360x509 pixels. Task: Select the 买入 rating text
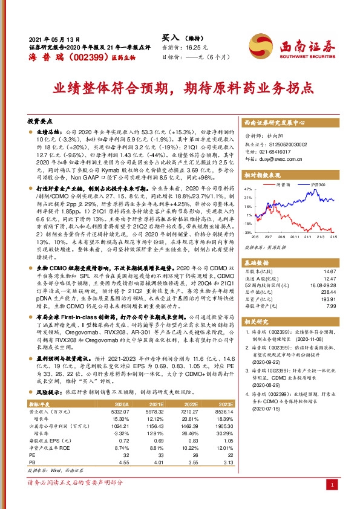(171, 37)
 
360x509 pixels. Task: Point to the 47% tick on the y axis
(247, 189)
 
